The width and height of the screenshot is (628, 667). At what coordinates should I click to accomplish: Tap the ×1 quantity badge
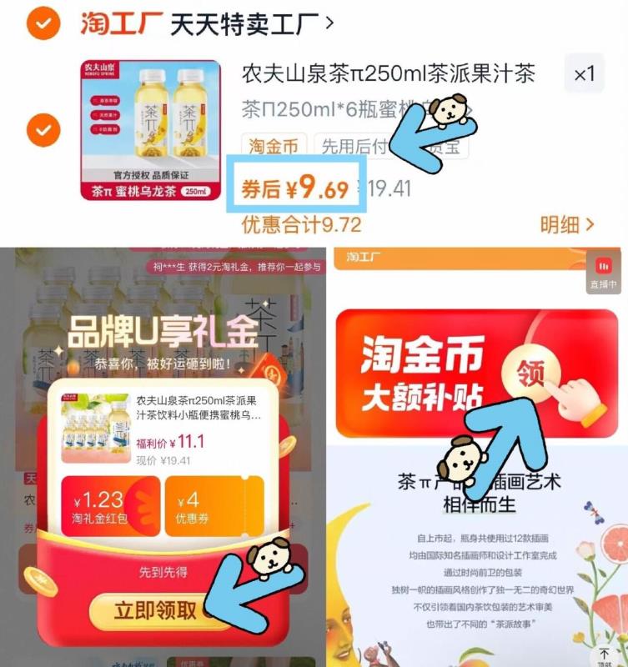click(584, 74)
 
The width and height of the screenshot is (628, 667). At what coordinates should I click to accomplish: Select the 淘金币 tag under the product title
click(274, 148)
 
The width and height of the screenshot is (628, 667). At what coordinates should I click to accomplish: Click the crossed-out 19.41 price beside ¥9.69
click(389, 189)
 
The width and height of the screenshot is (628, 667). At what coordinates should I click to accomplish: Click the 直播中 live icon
click(604, 272)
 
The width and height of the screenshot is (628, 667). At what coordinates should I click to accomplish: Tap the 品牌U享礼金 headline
click(163, 333)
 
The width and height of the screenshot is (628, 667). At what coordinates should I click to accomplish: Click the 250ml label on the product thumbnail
click(195, 191)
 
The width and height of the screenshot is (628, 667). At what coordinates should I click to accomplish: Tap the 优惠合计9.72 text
click(301, 224)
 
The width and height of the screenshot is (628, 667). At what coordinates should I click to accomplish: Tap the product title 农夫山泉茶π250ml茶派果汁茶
click(388, 73)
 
